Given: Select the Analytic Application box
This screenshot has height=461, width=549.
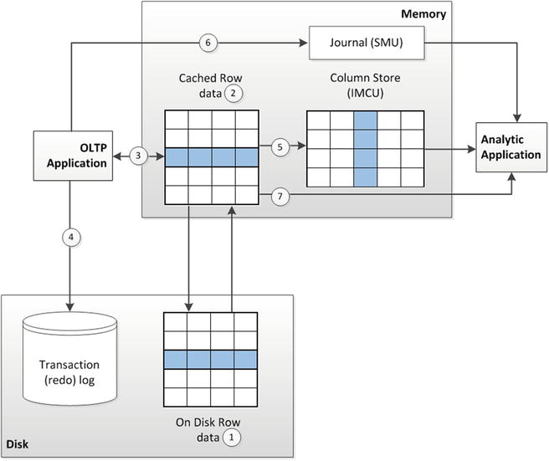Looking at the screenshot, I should point(511,148).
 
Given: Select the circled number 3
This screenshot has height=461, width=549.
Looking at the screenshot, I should point(140,156).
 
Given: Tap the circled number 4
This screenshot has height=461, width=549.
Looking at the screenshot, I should point(68,238).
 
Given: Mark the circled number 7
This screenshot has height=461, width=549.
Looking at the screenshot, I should point(280,196).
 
